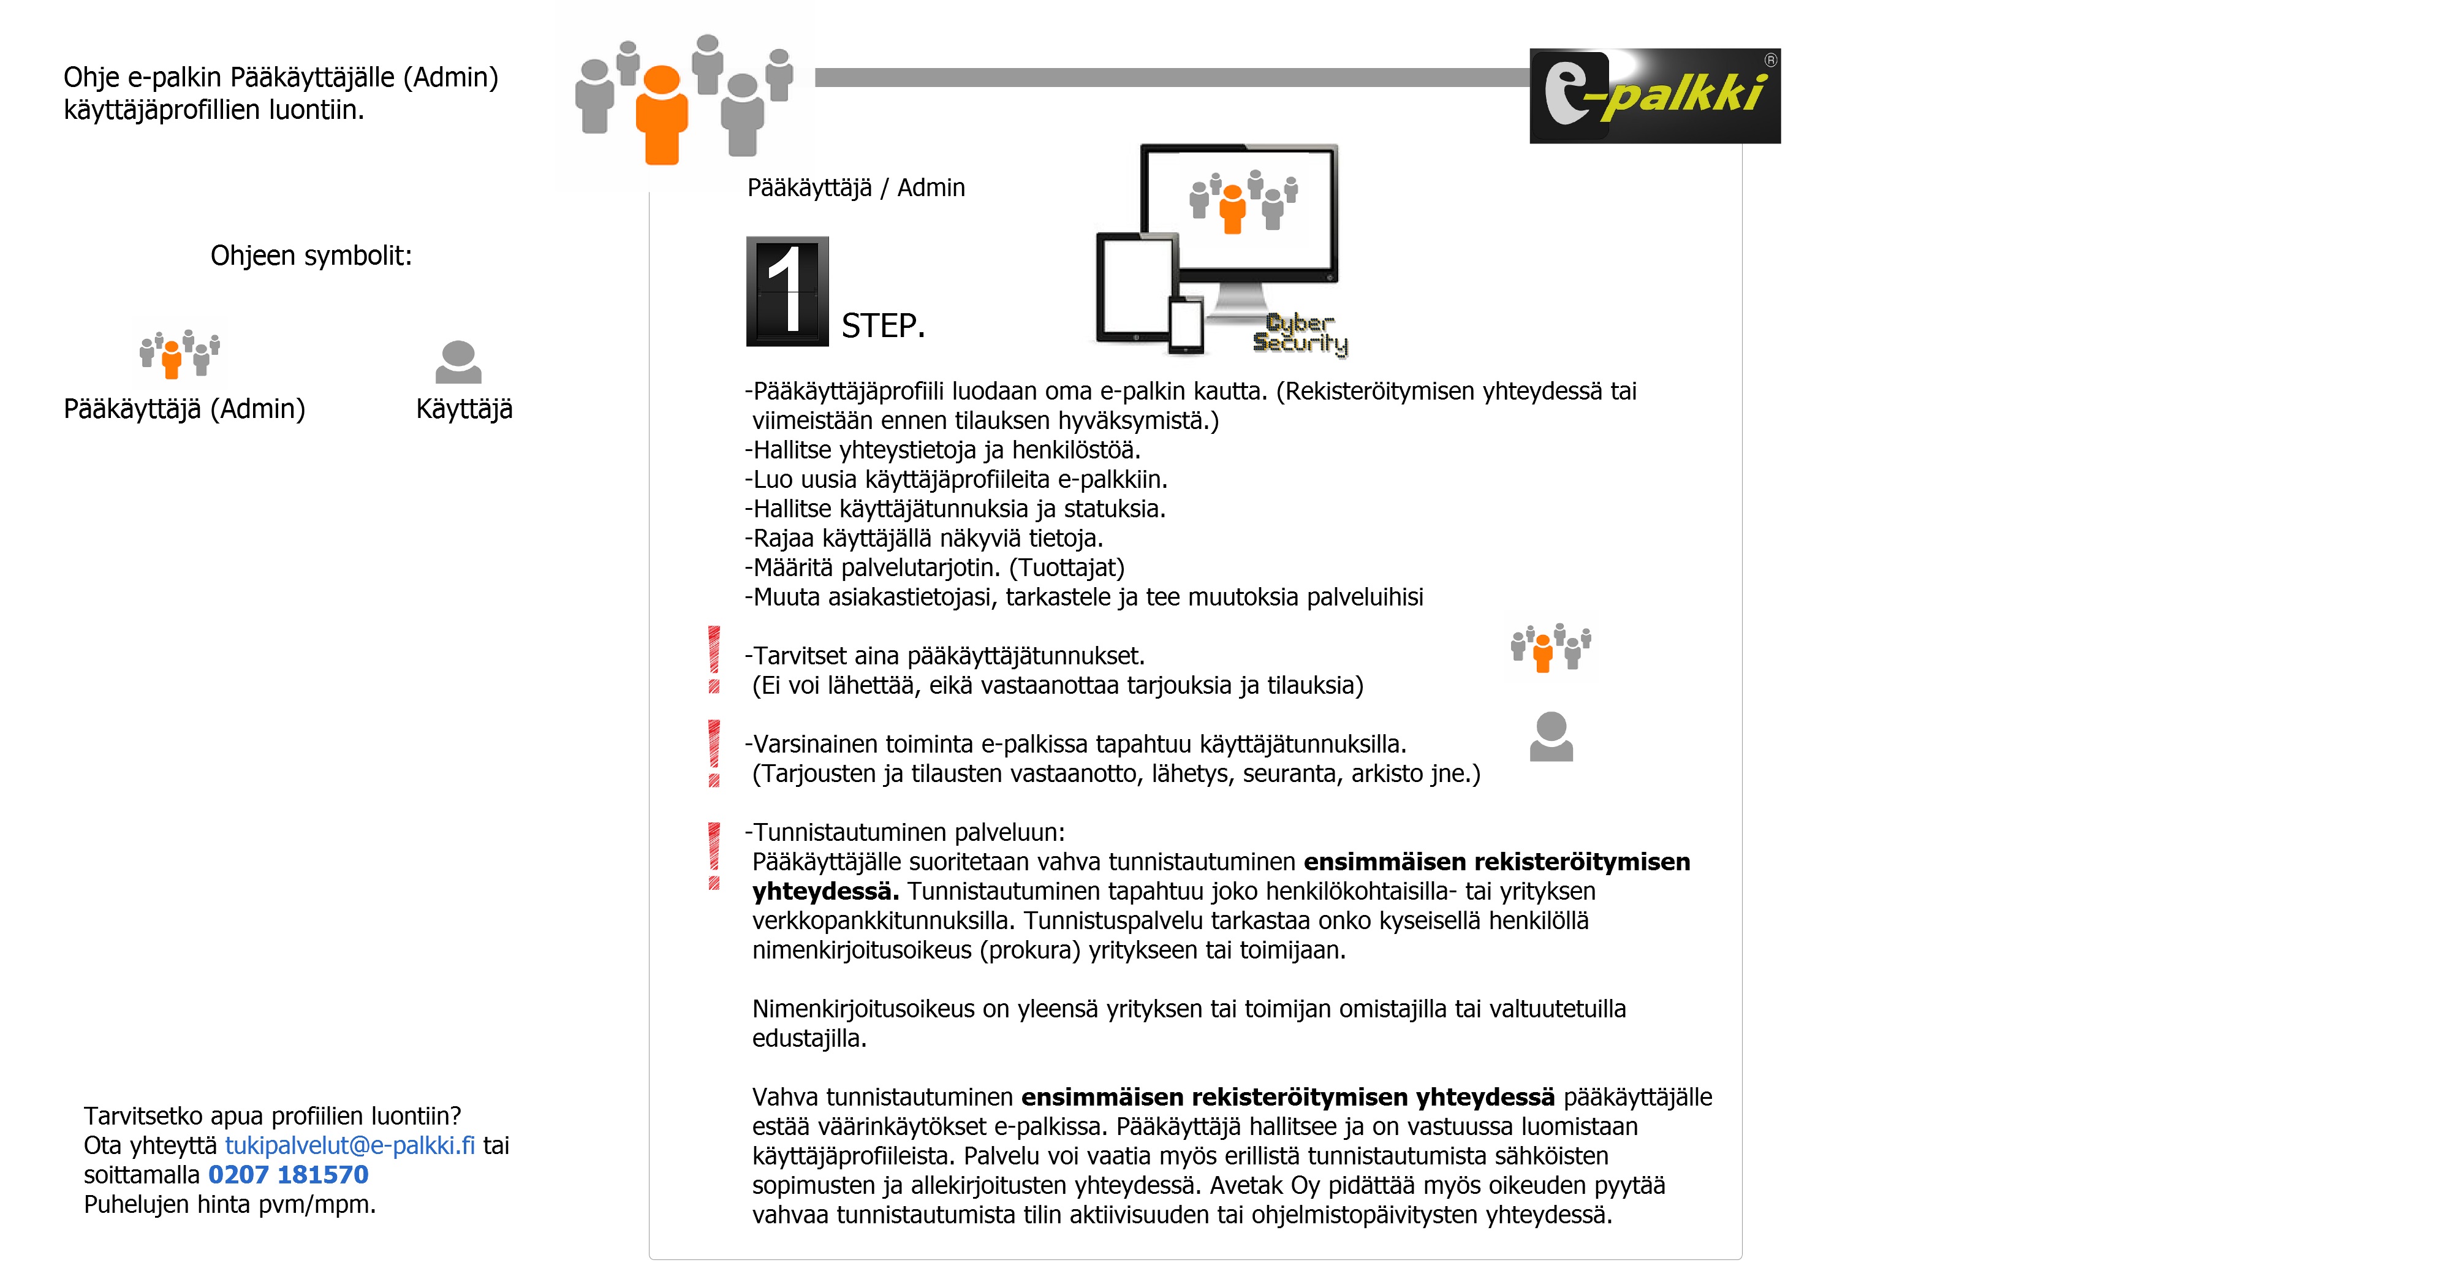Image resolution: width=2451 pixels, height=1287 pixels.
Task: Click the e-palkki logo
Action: [x=1654, y=96]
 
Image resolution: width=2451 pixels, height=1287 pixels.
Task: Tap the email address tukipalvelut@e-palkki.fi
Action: [x=349, y=1145]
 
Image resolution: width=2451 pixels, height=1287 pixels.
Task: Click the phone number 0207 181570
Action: [x=287, y=1175]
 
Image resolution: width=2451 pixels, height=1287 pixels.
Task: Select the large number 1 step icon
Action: [x=787, y=291]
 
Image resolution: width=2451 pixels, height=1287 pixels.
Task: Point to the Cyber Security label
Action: [x=1300, y=334]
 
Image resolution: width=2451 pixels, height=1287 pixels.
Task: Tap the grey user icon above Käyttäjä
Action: [x=458, y=363]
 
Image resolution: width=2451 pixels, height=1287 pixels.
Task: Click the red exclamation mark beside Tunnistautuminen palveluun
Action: [x=714, y=855]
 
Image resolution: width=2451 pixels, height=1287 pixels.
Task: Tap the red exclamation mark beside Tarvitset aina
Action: [x=714, y=659]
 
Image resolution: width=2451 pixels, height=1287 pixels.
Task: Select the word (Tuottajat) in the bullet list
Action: [x=1067, y=568]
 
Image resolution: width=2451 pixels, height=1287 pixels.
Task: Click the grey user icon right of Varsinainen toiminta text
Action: [x=1551, y=737]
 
